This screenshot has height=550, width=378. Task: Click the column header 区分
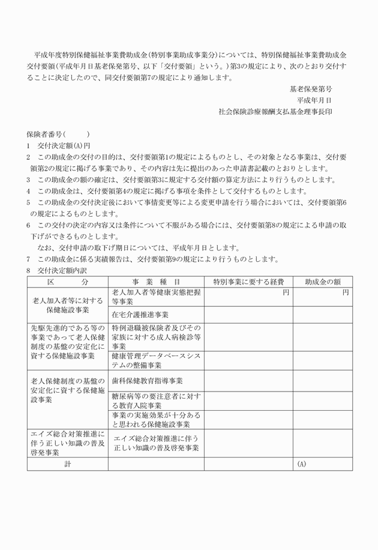click(x=67, y=282)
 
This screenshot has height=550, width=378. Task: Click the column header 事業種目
click(x=156, y=282)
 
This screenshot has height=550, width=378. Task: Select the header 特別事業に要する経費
click(x=248, y=282)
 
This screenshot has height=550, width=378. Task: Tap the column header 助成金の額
click(x=322, y=282)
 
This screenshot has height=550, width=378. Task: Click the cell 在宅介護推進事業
click(x=140, y=314)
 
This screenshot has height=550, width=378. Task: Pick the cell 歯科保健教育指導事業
click(x=148, y=381)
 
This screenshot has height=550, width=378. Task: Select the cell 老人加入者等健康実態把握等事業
click(x=156, y=297)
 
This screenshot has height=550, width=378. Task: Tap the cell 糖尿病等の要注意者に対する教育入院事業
click(x=156, y=401)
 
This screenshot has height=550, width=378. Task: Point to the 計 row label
click(x=67, y=464)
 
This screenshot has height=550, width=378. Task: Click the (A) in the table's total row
click(x=301, y=464)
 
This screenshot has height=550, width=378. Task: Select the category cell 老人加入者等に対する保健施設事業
click(x=67, y=306)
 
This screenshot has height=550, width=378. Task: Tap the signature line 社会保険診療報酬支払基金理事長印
click(x=275, y=111)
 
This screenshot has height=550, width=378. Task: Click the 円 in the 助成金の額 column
click(x=346, y=292)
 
